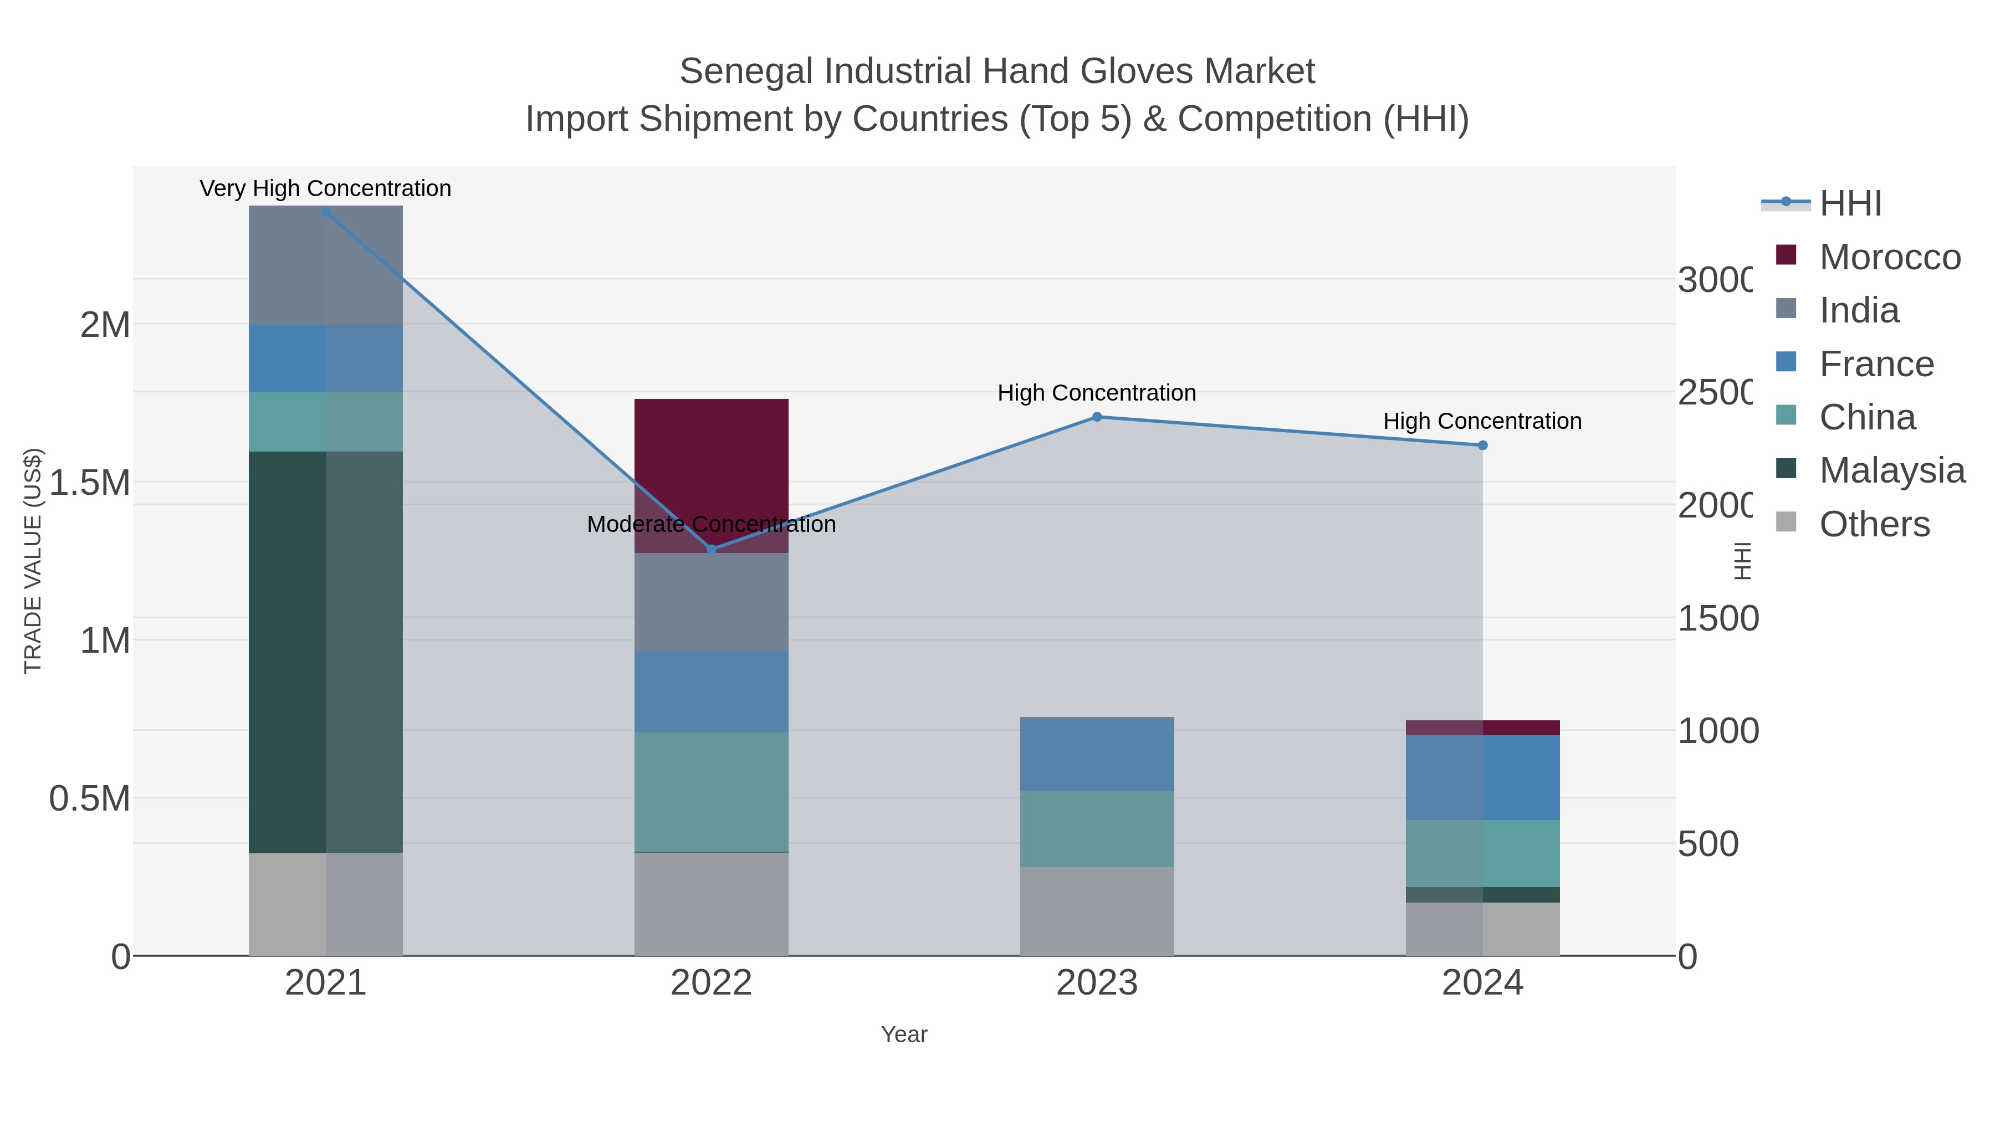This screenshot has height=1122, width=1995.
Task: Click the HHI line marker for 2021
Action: coord(325,212)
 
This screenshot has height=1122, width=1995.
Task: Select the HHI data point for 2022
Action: coord(712,549)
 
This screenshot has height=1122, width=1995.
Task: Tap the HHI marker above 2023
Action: coord(1097,417)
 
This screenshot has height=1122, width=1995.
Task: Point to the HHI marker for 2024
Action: coord(1482,445)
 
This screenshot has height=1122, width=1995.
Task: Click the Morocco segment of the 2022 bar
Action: coord(711,465)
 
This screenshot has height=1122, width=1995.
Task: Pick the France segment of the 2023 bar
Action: coord(1097,756)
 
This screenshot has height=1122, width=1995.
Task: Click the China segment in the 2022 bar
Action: coord(711,791)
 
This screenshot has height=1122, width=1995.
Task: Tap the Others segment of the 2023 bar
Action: coord(1097,911)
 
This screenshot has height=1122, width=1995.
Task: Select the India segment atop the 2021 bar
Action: coord(325,265)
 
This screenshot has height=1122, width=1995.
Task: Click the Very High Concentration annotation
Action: coord(325,188)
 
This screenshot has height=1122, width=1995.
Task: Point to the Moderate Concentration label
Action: coord(711,524)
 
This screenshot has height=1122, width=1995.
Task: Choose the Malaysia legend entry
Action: coord(1891,470)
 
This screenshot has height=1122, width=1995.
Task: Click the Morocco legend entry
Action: coord(1890,257)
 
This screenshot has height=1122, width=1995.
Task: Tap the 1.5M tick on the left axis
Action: coord(90,483)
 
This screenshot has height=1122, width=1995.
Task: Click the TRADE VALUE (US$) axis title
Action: coord(33,561)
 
